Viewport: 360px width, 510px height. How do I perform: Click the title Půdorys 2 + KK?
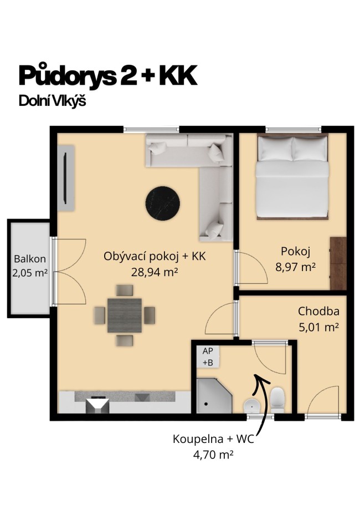[107, 76]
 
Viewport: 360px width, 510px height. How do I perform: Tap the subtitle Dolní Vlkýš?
[53, 102]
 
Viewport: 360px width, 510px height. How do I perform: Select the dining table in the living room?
[124, 315]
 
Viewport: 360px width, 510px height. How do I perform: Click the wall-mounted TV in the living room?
[68, 178]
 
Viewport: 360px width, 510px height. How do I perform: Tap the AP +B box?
[208, 357]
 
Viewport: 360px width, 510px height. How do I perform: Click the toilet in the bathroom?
[277, 399]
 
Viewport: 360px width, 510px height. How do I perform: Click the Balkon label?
[30, 259]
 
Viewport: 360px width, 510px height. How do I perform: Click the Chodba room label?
[318, 311]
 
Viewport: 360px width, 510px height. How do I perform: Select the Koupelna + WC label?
[214, 440]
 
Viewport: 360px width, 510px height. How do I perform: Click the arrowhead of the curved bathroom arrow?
[258, 378]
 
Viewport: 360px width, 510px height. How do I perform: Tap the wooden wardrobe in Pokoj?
[337, 263]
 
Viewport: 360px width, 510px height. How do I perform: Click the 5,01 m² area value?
[318, 327]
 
